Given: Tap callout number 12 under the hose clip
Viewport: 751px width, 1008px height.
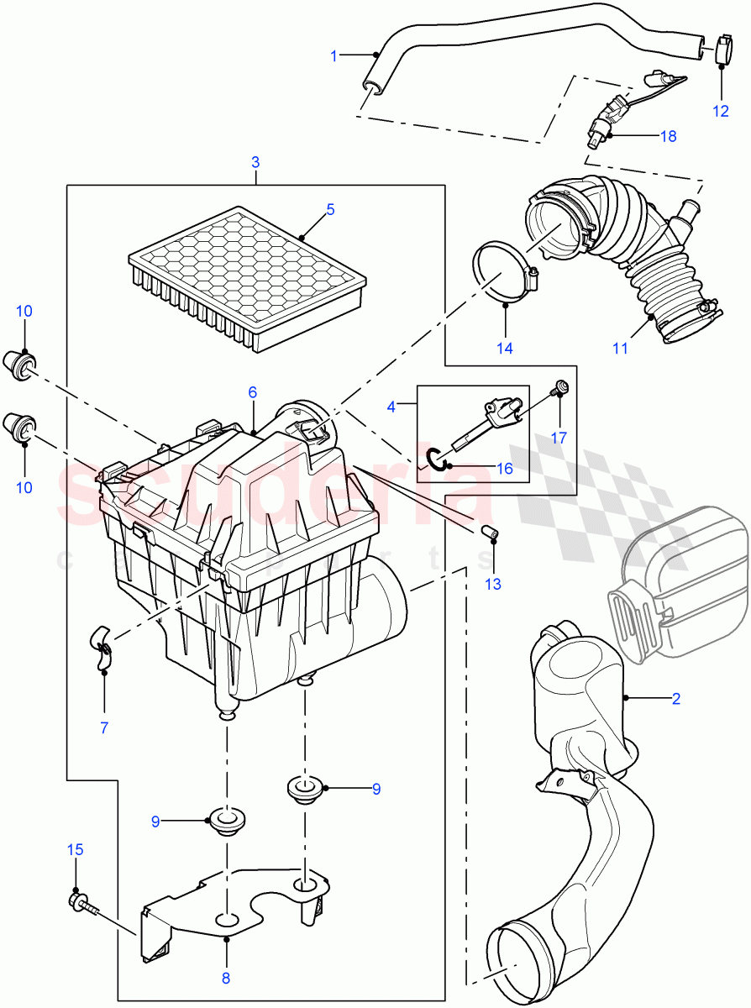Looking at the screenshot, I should tap(722, 110).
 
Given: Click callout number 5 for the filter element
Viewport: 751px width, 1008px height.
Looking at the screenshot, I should tap(330, 209).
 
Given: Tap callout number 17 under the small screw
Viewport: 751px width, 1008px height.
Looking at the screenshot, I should tap(559, 437).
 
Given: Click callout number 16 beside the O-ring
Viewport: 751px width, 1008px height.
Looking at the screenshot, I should tap(504, 469).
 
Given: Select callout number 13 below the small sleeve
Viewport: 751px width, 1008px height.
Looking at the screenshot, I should tap(492, 584).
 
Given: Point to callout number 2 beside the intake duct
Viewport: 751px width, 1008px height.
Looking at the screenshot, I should tap(675, 698).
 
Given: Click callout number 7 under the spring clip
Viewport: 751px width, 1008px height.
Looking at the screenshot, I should tap(104, 727).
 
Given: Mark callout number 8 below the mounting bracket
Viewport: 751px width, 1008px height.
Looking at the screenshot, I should tap(226, 977).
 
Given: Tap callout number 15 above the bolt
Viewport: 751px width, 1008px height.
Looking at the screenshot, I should tap(75, 850).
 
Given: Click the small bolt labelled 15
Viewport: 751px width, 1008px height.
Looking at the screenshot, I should tap(81, 904).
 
